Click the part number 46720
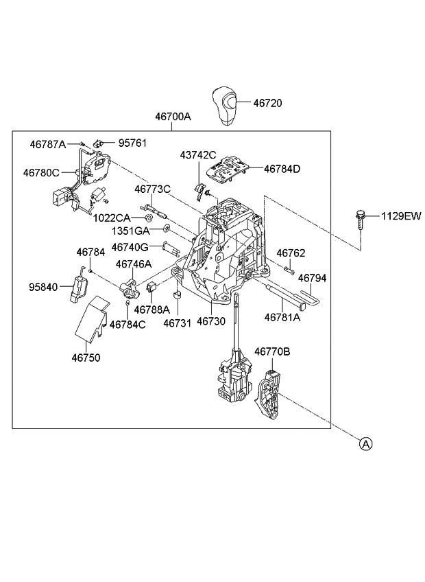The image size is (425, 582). point(267,103)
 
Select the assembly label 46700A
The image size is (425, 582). point(173,117)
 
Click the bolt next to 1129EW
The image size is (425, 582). point(359,220)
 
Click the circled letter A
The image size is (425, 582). point(366,444)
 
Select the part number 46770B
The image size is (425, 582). point(272,352)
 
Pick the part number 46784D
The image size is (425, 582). point(282,169)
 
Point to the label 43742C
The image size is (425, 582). point(198,155)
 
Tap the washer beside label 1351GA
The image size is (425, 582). point(167,227)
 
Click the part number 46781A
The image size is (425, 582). point(282,317)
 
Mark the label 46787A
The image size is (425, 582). point(47,144)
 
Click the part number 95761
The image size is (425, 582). point(132,143)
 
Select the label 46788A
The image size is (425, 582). point(151,309)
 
